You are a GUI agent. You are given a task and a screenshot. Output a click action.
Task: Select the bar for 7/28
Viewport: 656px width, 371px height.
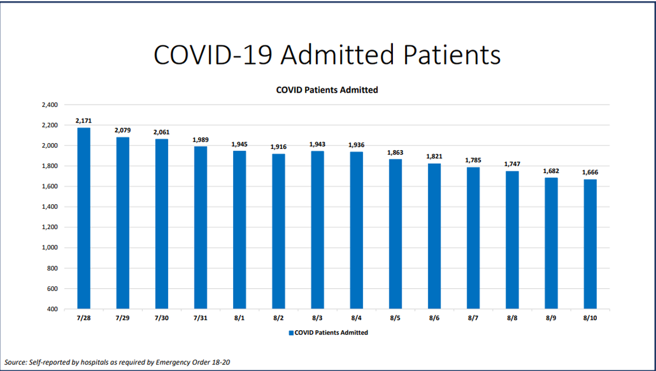click(83, 218)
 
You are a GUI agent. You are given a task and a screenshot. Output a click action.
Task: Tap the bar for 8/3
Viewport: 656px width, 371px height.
click(317, 230)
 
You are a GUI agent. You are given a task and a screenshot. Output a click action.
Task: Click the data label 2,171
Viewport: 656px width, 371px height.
click(83, 121)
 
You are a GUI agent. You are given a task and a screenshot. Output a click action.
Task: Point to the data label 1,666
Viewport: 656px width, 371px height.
click(590, 173)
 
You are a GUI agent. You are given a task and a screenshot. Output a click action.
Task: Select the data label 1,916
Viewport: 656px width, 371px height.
click(278, 147)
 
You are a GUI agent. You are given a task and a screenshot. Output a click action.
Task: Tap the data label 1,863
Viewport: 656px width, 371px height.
click(395, 152)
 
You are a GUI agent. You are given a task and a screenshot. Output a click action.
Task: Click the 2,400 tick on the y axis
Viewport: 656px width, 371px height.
click(50, 105)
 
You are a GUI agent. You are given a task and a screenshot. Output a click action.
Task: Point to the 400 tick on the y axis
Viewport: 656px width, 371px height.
click(52, 309)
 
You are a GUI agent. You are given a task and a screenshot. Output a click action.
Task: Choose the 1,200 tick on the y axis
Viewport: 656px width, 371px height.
click(50, 227)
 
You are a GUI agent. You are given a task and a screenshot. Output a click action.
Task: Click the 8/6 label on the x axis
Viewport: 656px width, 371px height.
click(434, 318)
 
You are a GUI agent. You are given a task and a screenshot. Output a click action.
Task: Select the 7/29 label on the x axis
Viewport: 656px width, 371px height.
click(122, 318)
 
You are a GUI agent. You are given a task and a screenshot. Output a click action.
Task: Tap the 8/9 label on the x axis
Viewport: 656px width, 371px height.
click(551, 318)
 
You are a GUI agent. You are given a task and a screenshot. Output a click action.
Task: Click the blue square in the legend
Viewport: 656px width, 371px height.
click(291, 332)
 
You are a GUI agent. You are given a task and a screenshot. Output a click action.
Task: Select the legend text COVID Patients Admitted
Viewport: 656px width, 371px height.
click(331, 332)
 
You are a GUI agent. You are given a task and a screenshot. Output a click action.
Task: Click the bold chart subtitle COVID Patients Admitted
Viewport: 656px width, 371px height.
click(327, 90)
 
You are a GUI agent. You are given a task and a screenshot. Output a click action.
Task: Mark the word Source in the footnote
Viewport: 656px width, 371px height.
click(15, 362)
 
